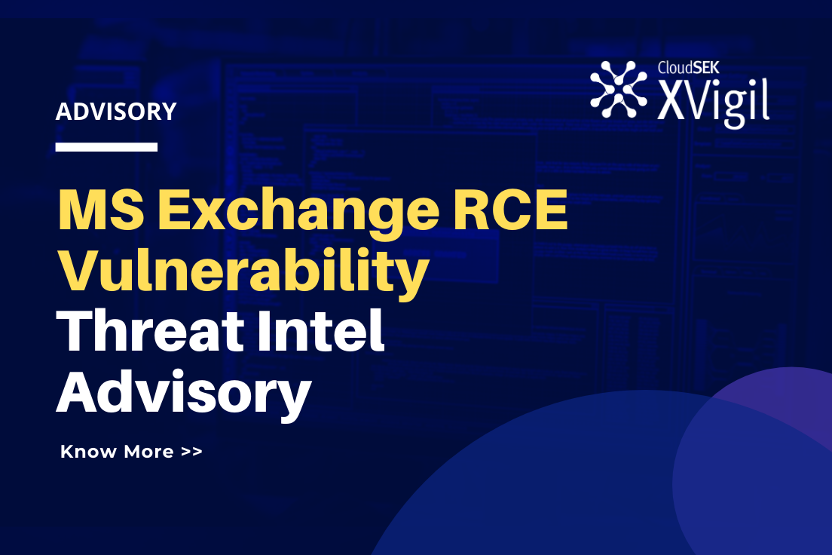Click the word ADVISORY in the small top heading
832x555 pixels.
[116, 112]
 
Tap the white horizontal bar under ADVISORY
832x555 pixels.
[106, 147]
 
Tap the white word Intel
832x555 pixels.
[328, 334]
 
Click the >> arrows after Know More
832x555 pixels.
[191, 452]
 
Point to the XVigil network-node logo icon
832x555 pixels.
[619, 89]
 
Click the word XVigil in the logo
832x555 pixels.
[713, 102]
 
